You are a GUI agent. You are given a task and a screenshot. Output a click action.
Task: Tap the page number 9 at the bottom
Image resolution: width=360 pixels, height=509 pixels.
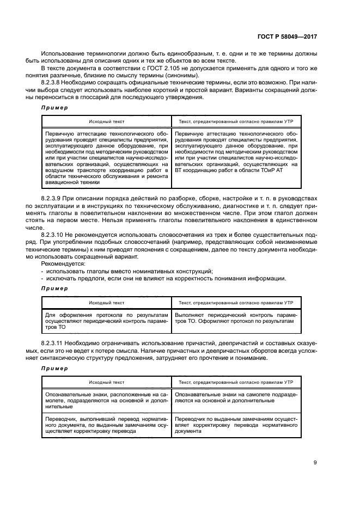pyautogui.click(x=315, y=463)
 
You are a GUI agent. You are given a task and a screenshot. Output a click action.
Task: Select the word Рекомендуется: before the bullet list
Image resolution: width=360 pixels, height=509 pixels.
pyautogui.click(x=61, y=263)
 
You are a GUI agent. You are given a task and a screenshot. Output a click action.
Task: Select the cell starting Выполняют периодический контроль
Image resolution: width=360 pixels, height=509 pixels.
pyautogui.click(x=236, y=318)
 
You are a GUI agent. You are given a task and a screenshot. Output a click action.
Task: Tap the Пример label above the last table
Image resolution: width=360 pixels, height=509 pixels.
pyautogui.click(x=54, y=368)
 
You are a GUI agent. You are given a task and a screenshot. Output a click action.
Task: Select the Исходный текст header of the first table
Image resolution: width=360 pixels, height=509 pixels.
pyautogui.click(x=106, y=120)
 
